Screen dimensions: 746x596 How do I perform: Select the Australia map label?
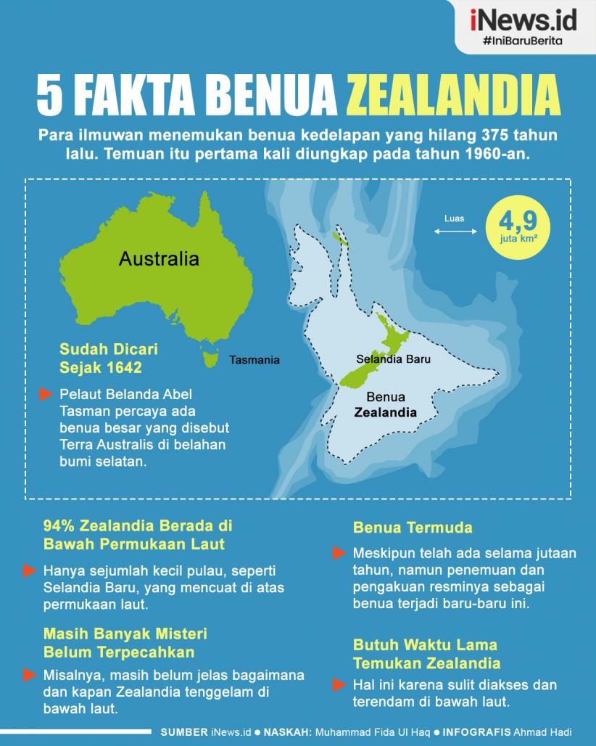point(159,258)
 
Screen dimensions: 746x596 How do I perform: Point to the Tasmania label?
point(254,359)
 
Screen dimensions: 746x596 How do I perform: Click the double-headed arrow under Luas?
point(455,232)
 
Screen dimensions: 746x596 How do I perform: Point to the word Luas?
point(455,218)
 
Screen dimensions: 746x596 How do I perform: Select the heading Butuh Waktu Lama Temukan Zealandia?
point(426,653)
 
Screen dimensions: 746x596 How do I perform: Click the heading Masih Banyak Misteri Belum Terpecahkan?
point(125,642)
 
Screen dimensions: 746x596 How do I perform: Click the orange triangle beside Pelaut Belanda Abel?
point(46,394)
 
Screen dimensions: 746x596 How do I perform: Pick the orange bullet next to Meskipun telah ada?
point(339,553)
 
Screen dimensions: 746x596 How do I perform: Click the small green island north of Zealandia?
point(339,238)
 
